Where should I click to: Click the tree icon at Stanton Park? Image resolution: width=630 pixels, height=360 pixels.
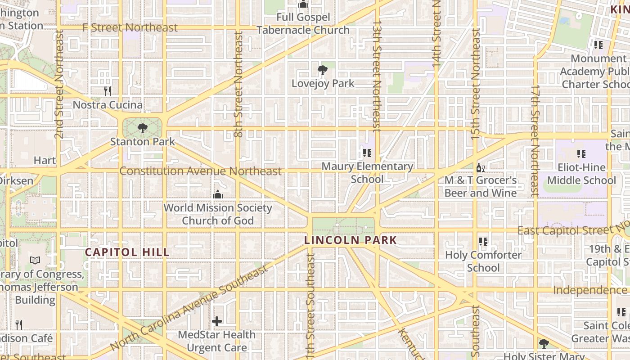(143, 128)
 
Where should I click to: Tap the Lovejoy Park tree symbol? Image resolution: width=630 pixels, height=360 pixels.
(322, 70)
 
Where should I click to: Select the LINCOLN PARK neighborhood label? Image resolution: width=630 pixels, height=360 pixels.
(351, 240)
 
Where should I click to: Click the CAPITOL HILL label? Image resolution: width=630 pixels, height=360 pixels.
(127, 252)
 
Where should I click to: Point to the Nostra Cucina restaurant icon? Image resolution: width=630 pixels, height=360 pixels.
(107, 91)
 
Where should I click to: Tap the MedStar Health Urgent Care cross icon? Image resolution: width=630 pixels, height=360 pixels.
(217, 321)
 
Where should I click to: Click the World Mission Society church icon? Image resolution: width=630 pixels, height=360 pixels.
(218, 194)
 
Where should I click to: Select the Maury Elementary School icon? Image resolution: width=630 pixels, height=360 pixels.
(367, 153)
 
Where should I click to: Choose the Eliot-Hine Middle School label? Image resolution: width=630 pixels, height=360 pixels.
(581, 174)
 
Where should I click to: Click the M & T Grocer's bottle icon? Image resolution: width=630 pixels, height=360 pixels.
(480, 168)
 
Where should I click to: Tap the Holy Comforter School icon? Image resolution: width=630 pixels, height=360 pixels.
(483, 242)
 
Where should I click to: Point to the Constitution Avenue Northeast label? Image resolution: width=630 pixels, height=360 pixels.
(201, 171)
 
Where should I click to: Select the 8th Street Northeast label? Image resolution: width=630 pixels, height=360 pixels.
(238, 84)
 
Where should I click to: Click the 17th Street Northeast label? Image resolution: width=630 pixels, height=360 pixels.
(535, 140)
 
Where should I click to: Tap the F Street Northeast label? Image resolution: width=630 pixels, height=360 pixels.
(130, 27)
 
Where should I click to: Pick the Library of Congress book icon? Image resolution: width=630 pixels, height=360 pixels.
(35, 260)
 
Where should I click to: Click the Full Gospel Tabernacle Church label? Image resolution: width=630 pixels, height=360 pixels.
(303, 24)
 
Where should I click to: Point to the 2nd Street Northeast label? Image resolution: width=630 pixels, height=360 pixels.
(59, 103)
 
